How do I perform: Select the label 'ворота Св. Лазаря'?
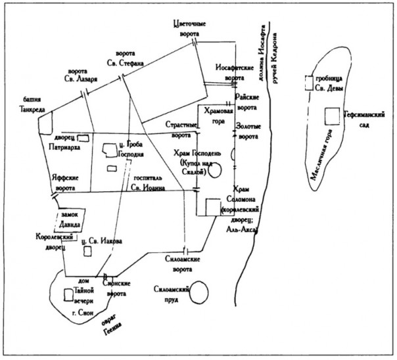click(83, 78)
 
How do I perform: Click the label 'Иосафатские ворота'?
click(230, 73)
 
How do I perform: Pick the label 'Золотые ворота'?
click(252, 133)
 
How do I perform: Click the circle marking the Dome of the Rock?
click(215, 170)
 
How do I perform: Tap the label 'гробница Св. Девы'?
click(335, 84)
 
